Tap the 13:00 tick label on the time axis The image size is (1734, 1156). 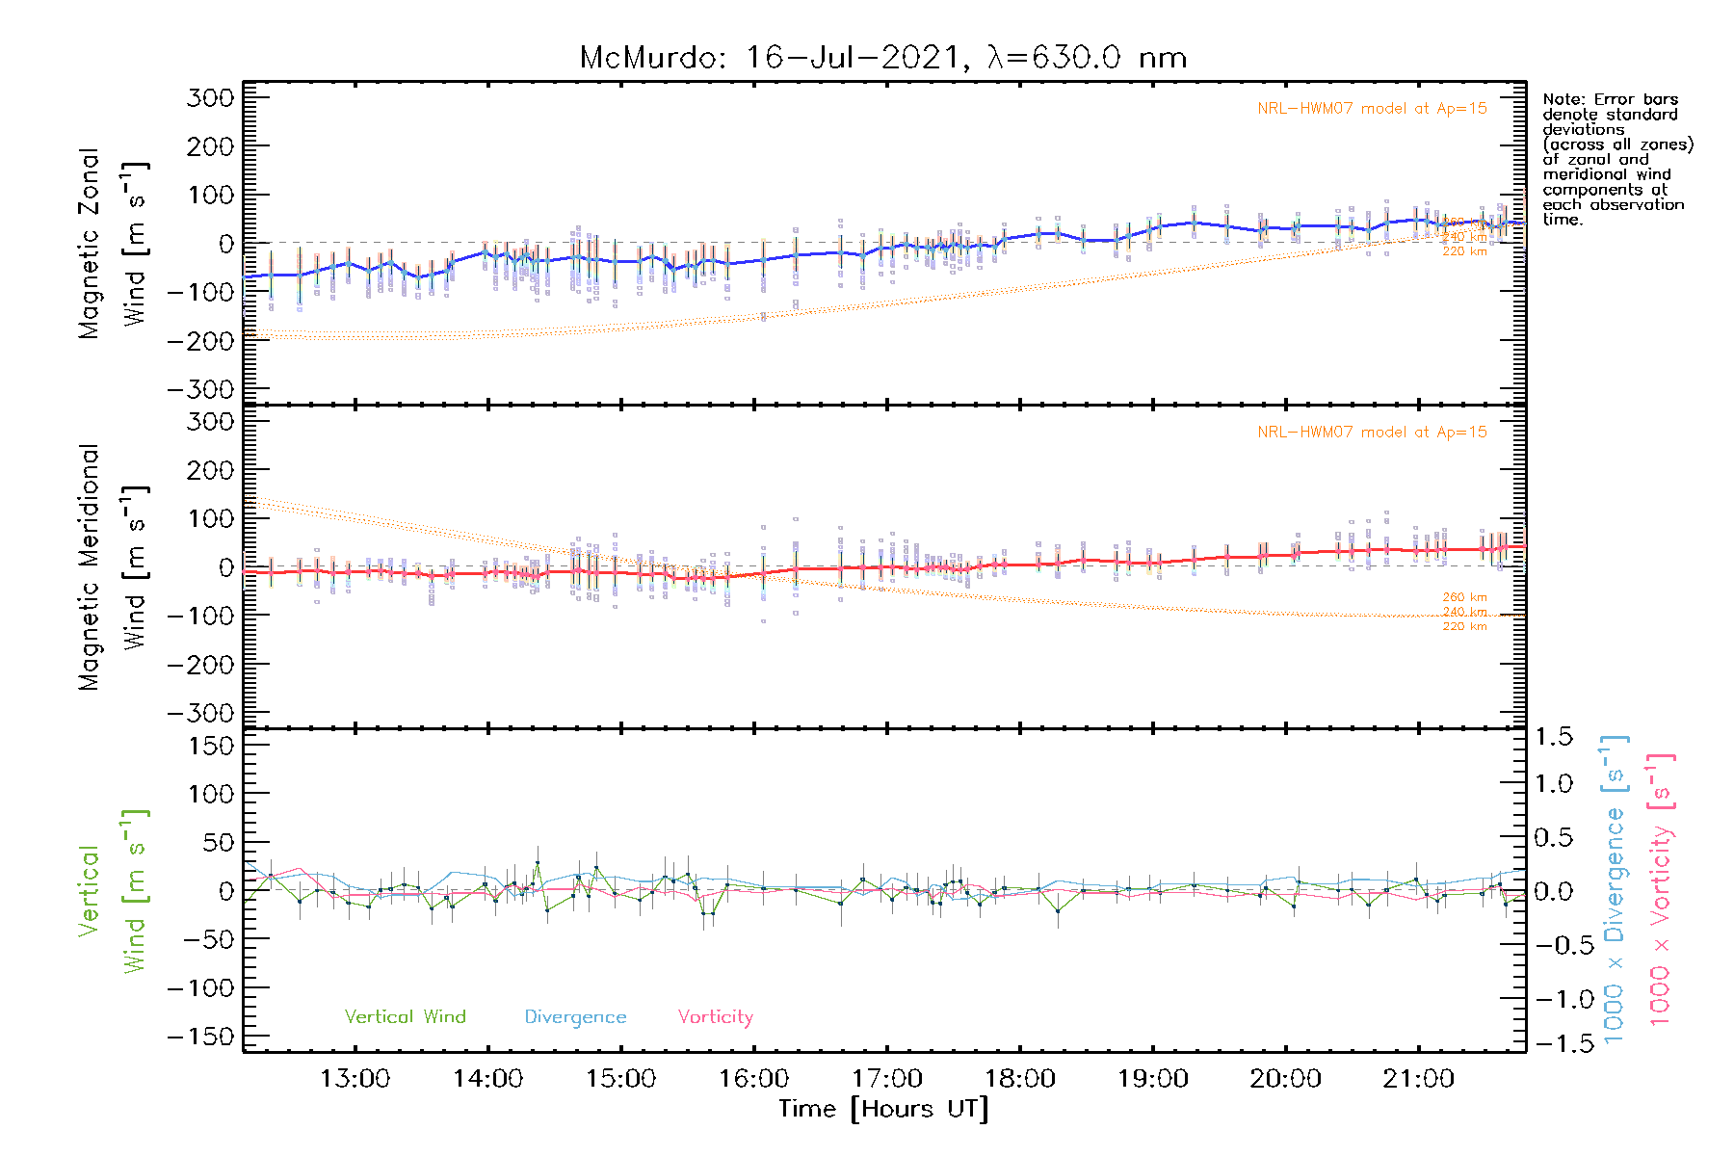click(x=355, y=1079)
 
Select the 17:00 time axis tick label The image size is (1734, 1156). click(x=886, y=1079)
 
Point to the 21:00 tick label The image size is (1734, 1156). click(x=1418, y=1079)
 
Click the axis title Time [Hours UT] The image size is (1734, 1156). click(x=883, y=1109)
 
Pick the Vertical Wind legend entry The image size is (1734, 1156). click(x=405, y=1016)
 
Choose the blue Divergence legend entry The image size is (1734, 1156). click(x=575, y=1016)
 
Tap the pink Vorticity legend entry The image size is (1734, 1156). click(x=715, y=1016)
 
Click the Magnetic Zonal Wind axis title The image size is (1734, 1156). click(x=113, y=244)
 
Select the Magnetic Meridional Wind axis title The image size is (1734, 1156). click(x=113, y=567)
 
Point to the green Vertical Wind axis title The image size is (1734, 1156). click(x=113, y=891)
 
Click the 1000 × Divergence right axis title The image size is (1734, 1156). click(x=1615, y=891)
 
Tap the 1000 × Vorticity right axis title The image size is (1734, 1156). click(x=1661, y=891)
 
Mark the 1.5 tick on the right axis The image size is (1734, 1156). click(x=1553, y=737)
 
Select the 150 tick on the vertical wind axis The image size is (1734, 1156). click(x=212, y=746)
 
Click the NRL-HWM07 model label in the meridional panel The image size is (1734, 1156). click(x=1372, y=432)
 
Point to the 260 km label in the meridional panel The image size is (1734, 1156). click(x=1464, y=597)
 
